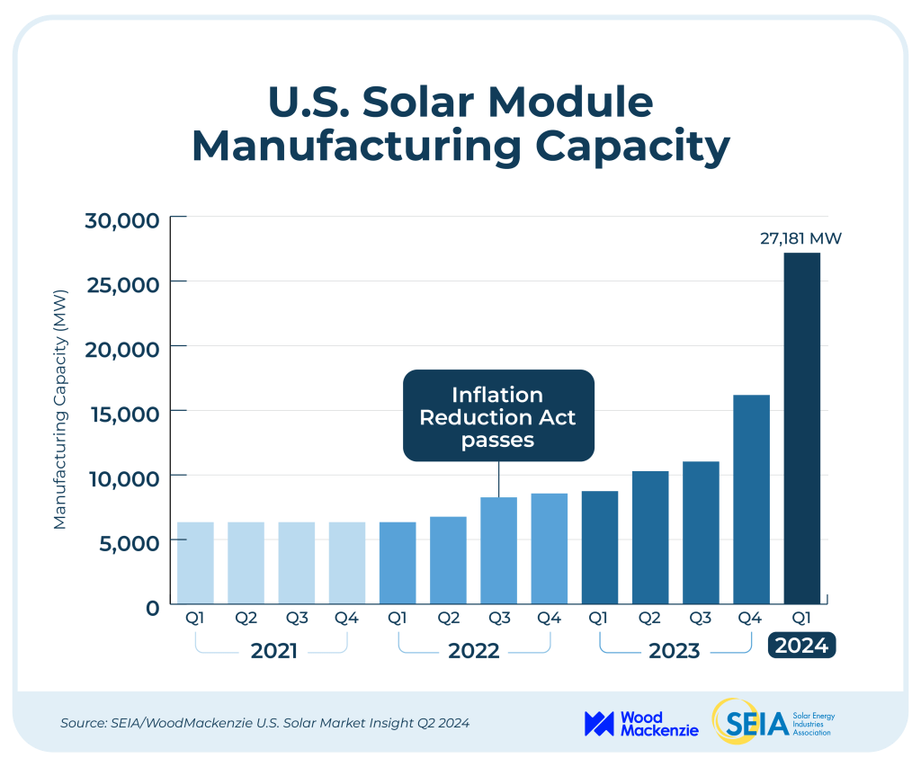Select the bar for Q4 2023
(752, 499)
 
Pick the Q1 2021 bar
(195, 563)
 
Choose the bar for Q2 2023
(650, 537)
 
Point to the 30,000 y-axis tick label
(122, 219)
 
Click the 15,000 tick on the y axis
(122, 413)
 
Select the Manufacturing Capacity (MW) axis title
(60, 409)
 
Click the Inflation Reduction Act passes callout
(497, 417)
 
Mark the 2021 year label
(273, 650)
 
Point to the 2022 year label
(474, 650)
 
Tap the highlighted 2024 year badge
(801, 647)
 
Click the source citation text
(264, 723)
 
